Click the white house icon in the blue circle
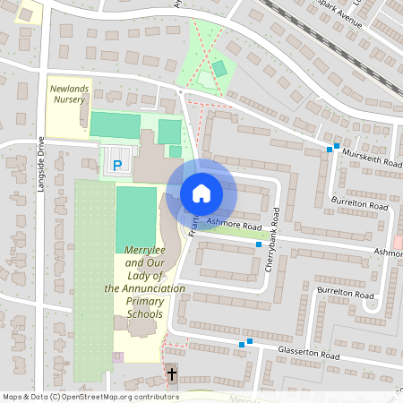pos(201,193)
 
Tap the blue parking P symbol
pos(118,165)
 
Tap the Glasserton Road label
pos(310,356)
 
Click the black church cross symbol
pos(171,373)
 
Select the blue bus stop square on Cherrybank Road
pos(259,244)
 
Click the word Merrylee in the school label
pos(145,251)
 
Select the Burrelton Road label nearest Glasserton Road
pos(346,294)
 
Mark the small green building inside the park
pos(219,69)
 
